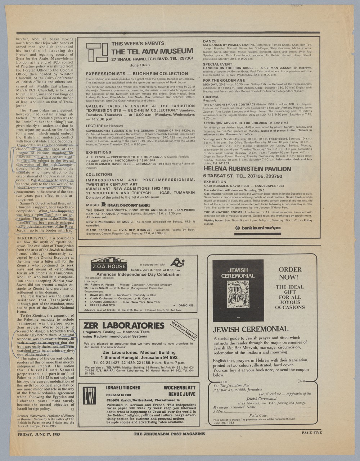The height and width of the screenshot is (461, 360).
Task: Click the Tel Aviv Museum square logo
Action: (96, 53)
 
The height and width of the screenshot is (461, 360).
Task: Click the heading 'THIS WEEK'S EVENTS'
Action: (138, 44)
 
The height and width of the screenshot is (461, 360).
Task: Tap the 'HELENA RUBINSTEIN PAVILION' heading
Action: (247, 169)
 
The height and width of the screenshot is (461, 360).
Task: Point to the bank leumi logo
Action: (258, 228)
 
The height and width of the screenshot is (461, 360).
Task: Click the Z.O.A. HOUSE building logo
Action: (109, 264)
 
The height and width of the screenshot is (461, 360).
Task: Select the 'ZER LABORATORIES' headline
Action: (123, 326)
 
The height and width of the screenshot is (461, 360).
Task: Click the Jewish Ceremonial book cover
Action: (238, 290)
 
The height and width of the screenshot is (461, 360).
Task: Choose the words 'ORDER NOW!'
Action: (290, 273)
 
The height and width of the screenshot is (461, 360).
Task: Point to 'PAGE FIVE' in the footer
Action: (312, 433)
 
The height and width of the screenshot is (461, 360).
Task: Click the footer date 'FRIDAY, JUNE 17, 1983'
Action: (39, 434)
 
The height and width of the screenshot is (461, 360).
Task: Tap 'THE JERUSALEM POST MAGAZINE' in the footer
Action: (169, 434)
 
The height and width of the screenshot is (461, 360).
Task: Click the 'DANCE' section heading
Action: (210, 42)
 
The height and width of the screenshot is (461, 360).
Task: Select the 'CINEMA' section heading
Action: (211, 97)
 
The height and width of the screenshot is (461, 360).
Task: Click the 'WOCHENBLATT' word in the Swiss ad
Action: (179, 388)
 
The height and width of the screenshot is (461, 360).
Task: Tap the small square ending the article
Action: (72, 409)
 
